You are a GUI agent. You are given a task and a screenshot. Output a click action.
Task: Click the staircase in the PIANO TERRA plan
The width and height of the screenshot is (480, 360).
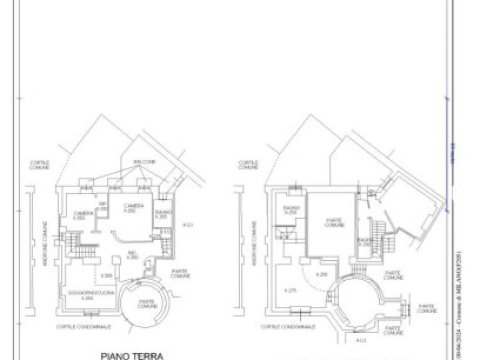(x=81, y=245)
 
